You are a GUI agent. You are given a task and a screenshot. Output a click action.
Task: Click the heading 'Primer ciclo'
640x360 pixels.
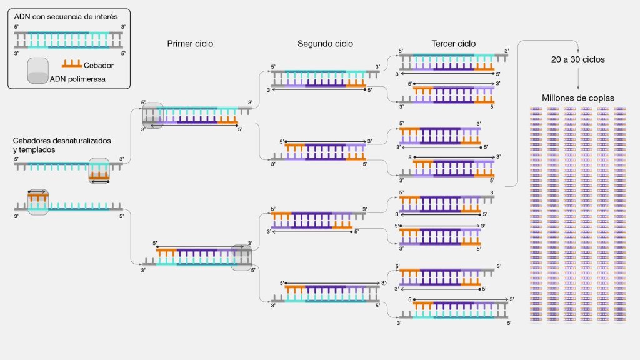click(x=190, y=44)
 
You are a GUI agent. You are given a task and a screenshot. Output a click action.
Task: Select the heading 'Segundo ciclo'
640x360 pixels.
click(x=325, y=44)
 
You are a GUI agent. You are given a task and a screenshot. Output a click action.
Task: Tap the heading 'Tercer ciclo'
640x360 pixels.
click(x=453, y=44)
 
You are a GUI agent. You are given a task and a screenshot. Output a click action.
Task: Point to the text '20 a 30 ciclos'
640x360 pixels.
click(x=578, y=59)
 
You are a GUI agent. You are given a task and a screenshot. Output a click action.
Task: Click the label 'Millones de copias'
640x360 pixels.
click(x=578, y=98)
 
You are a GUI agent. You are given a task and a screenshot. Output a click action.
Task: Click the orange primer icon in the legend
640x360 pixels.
click(x=72, y=64)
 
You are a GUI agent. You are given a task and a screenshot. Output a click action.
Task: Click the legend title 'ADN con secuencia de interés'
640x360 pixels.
click(x=66, y=17)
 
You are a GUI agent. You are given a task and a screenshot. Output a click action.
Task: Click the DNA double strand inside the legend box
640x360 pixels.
click(x=69, y=40)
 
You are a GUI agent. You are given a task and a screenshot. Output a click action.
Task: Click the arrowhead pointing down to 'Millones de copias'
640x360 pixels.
click(x=578, y=89)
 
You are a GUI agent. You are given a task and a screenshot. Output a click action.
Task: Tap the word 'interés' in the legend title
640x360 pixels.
click(x=105, y=17)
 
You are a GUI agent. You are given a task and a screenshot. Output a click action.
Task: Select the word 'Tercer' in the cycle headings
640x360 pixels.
click(x=443, y=44)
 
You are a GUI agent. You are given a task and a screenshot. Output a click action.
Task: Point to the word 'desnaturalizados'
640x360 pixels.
click(x=81, y=141)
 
